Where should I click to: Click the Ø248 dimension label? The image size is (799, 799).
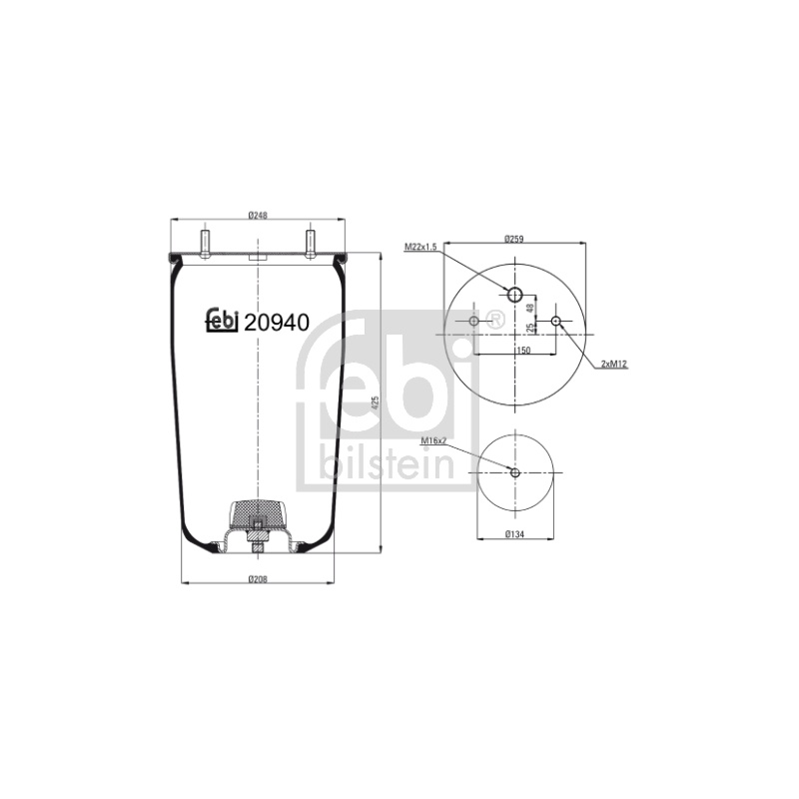click(258, 216)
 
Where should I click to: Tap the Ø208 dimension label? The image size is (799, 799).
click(258, 579)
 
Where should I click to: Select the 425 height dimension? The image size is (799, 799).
click(377, 403)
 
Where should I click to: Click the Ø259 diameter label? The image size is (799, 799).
click(514, 238)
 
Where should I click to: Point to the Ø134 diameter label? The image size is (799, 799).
click(514, 534)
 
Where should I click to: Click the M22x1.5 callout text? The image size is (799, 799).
click(420, 247)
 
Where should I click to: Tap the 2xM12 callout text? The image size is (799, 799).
click(614, 364)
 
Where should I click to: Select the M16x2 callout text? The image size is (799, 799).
click(433, 440)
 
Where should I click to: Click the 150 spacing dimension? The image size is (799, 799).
click(523, 351)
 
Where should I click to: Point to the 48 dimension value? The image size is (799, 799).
click(530, 308)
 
